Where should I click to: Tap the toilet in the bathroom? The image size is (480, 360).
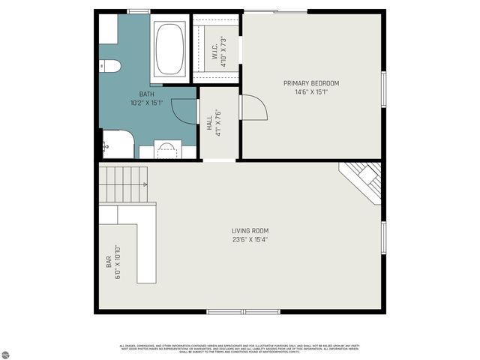[109, 66]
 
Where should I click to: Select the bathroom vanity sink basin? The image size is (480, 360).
[168, 148]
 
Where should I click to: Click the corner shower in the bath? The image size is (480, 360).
[116, 144]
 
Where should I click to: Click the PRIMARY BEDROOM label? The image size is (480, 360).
[310, 82]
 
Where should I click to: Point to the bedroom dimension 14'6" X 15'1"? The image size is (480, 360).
[310, 91]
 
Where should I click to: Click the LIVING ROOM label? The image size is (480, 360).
[250, 230]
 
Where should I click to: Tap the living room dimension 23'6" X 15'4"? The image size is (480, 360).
[250, 240]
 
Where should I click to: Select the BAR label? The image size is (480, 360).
[109, 262]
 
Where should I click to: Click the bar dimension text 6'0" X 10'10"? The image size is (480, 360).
[118, 262]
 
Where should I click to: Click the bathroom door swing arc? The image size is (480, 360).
[184, 111]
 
